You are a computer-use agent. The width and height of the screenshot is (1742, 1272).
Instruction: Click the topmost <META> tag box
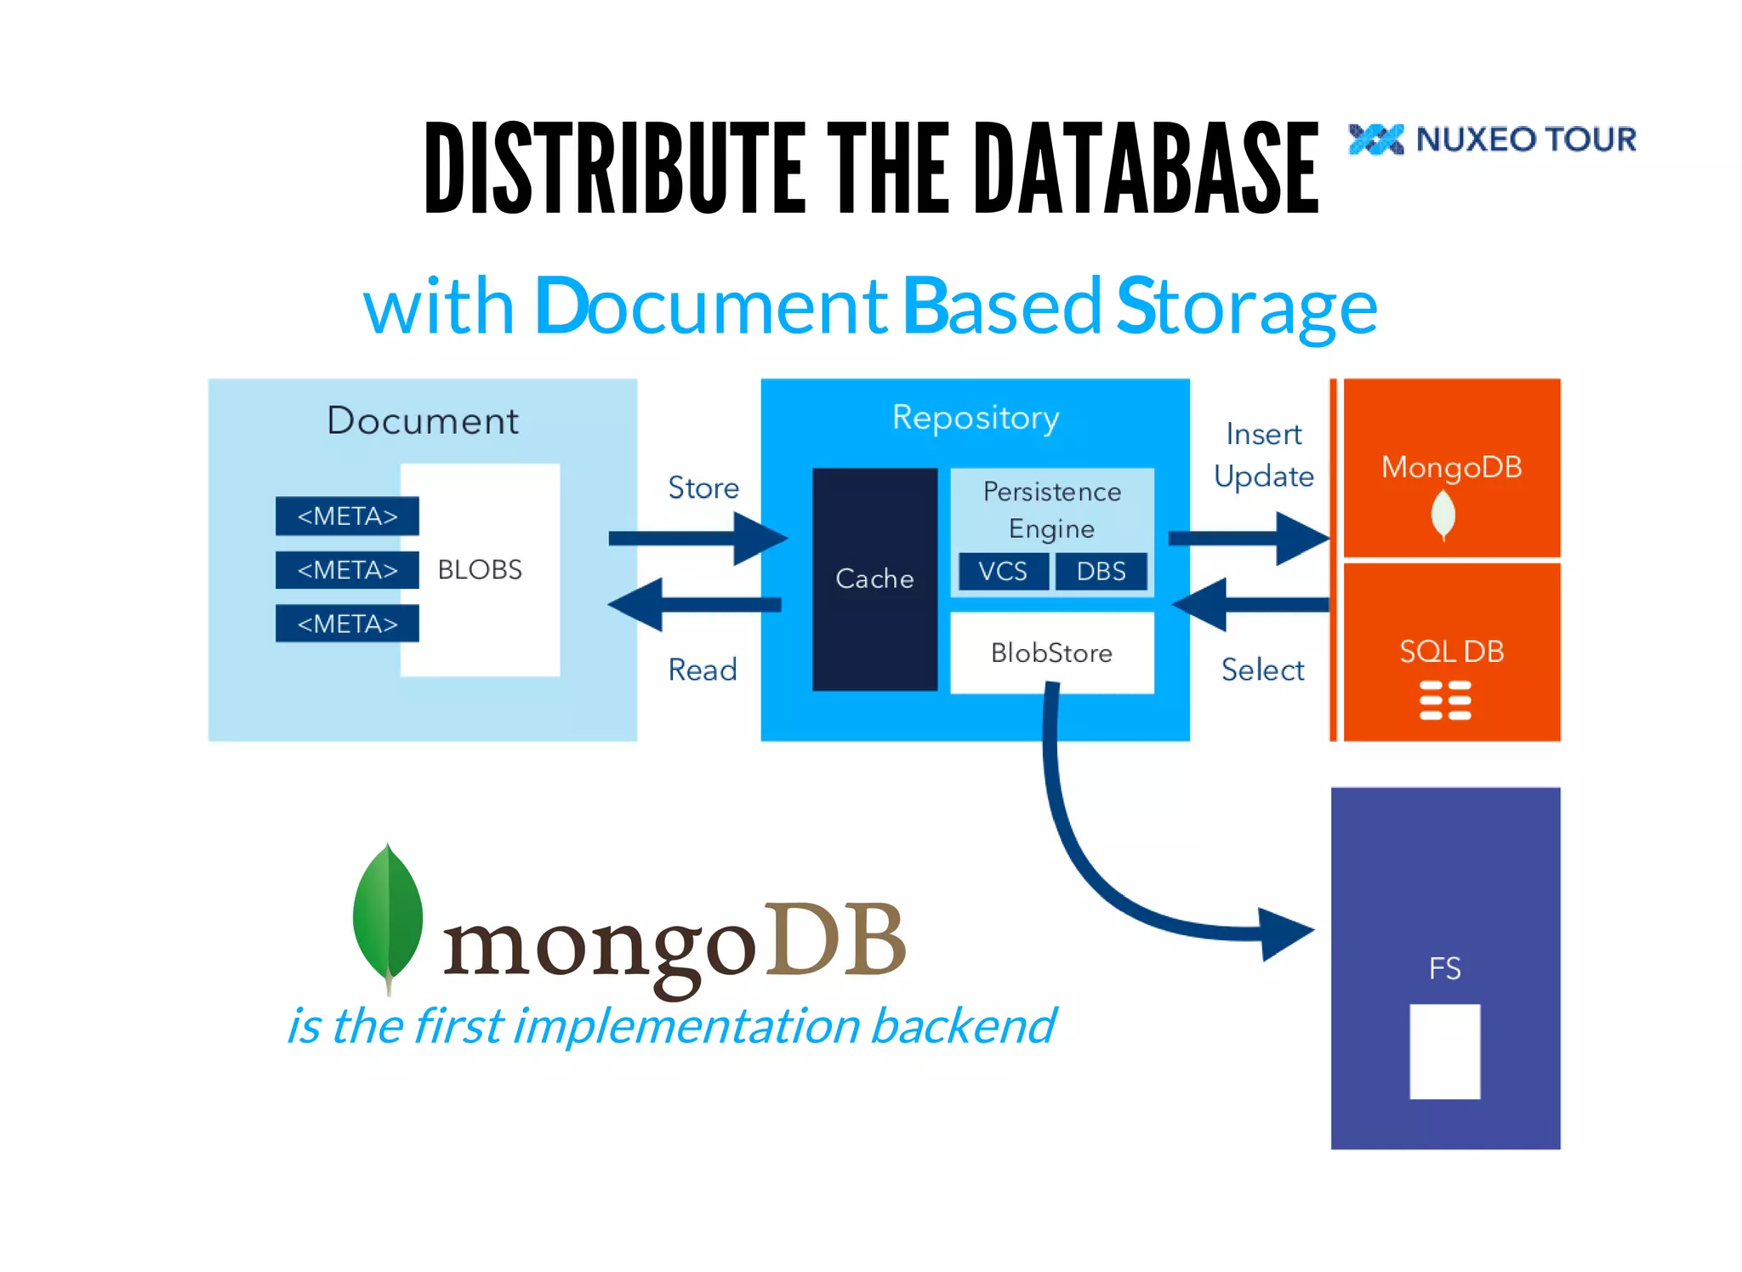pyautogui.click(x=347, y=516)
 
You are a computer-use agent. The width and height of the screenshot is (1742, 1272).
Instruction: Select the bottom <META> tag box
pyautogui.click(x=347, y=624)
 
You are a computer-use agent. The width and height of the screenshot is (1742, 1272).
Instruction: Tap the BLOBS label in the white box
pyautogui.click(x=480, y=569)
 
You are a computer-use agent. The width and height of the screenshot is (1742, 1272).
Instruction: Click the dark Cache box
pyautogui.click(x=874, y=579)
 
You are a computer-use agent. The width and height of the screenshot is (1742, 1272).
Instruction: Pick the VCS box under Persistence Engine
pyautogui.click(x=1003, y=571)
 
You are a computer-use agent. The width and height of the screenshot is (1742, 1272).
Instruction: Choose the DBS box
pyautogui.click(x=1101, y=571)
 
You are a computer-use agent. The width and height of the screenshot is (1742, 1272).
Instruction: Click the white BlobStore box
pyautogui.click(x=1051, y=653)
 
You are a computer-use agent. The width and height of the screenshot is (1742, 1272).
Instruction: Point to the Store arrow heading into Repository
pyautogui.click(x=697, y=538)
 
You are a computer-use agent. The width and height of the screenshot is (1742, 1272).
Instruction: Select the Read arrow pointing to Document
pyautogui.click(x=693, y=605)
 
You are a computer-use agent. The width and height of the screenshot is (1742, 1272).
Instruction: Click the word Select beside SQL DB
pyautogui.click(x=1262, y=670)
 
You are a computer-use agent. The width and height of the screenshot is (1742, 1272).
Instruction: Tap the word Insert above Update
pyautogui.click(x=1263, y=435)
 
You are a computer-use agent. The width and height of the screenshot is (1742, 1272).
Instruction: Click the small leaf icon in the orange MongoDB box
pyautogui.click(x=1443, y=514)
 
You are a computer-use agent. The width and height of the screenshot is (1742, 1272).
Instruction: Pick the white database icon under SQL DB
pyautogui.click(x=1445, y=700)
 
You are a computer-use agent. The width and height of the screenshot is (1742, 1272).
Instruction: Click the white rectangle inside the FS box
pyautogui.click(x=1444, y=1052)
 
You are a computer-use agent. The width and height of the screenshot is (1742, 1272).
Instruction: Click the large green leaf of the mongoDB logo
pyautogui.click(x=388, y=915)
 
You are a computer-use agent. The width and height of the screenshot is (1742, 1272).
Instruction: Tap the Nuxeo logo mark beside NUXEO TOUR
pyautogui.click(x=1375, y=140)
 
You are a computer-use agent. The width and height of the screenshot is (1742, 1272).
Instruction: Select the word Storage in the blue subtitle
pyautogui.click(x=1246, y=307)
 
